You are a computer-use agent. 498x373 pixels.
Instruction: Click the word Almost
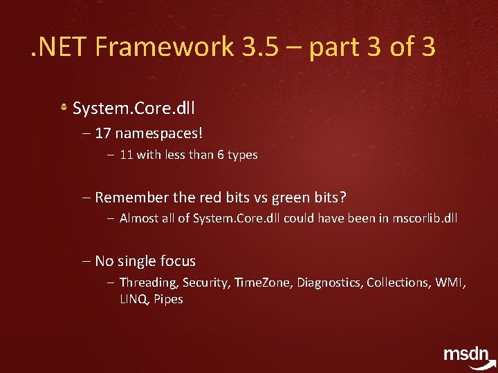coord(140,218)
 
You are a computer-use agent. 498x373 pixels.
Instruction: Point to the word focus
coord(178,261)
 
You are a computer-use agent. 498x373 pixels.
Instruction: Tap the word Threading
coord(149,283)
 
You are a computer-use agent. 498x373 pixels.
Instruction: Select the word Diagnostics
coord(329,283)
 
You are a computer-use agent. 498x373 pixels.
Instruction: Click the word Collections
coord(398,283)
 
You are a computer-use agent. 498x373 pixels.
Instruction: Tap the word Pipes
coord(168,299)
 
